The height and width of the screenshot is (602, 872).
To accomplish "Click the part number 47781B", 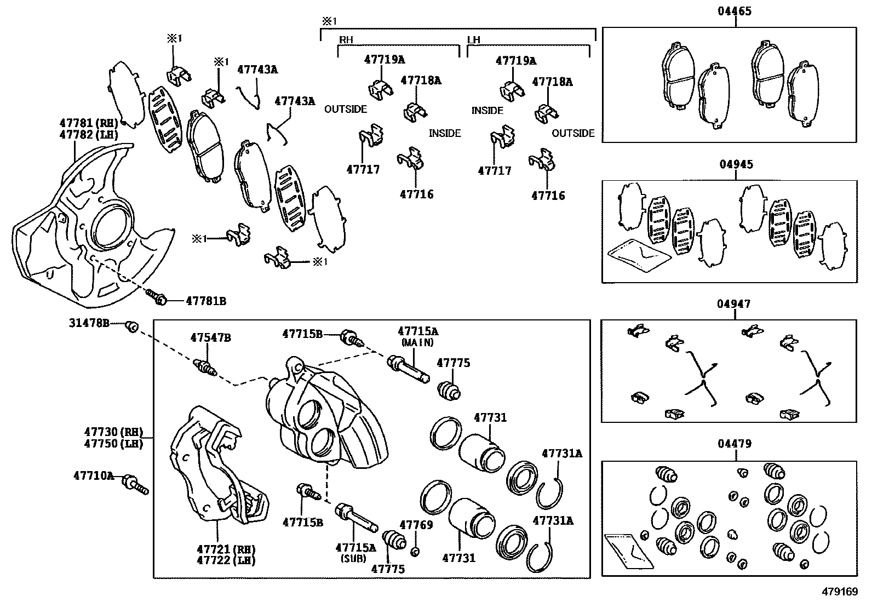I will pyautogui.click(x=205, y=301).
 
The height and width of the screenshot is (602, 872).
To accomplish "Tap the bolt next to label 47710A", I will pyautogui.click(x=136, y=484).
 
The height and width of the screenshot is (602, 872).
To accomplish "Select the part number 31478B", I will pyautogui.click(x=89, y=323).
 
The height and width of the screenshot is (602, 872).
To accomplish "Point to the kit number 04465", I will pyautogui.click(x=735, y=11).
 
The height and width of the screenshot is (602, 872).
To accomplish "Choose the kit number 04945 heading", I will pyautogui.click(x=736, y=164).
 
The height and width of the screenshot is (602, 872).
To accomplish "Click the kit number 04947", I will pyautogui.click(x=735, y=304).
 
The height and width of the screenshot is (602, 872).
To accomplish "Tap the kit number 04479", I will pyautogui.click(x=736, y=444).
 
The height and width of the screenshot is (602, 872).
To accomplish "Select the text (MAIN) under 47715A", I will pyautogui.click(x=417, y=342).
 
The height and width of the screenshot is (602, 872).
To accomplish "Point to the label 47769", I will pyautogui.click(x=416, y=525).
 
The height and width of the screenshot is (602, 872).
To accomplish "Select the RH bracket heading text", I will pyautogui.click(x=346, y=40).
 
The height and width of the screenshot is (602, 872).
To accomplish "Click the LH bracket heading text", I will pyautogui.click(x=474, y=40).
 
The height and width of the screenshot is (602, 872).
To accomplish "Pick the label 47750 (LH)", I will pyautogui.click(x=113, y=444).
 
